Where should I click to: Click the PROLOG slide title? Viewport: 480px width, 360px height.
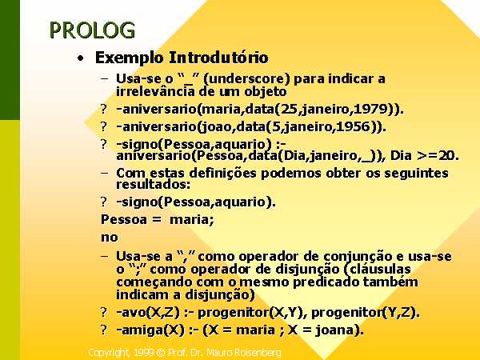click(x=92, y=30)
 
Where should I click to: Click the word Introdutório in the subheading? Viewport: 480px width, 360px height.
click(x=219, y=58)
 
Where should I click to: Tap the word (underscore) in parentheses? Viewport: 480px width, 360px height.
click(x=246, y=79)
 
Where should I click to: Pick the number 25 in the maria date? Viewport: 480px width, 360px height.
click(x=289, y=109)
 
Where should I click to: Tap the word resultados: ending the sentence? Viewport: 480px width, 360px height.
click(x=153, y=184)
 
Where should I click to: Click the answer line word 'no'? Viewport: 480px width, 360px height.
click(x=110, y=238)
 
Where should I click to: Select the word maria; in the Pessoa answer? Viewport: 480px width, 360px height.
click(x=192, y=219)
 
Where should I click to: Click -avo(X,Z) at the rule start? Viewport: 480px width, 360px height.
click(x=148, y=313)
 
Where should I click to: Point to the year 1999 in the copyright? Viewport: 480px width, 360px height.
click(x=143, y=353)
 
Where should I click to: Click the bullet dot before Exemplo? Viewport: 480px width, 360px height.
click(x=80, y=58)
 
